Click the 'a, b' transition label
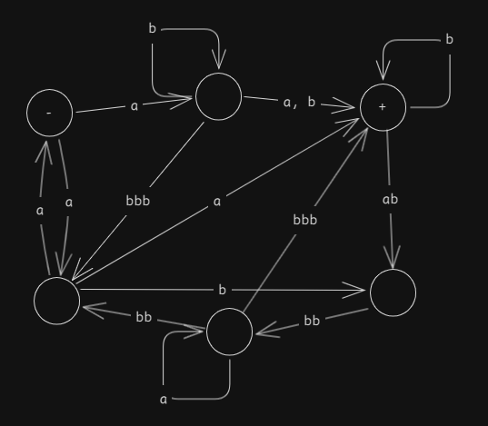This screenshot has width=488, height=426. click(299, 103)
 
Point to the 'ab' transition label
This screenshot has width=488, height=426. click(390, 199)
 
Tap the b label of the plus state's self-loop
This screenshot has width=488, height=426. click(449, 40)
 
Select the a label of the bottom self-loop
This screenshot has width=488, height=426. click(164, 400)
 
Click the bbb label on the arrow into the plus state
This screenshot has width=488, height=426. click(305, 220)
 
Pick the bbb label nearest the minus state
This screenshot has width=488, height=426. click(138, 201)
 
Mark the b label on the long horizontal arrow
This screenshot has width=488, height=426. click(222, 290)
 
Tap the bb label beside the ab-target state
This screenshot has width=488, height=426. click(312, 321)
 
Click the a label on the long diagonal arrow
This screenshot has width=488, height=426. click(217, 202)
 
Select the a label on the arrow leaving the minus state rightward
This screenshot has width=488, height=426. click(134, 106)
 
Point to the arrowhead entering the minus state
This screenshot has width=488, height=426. click(45, 152)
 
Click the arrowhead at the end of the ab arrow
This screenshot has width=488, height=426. click(393, 257)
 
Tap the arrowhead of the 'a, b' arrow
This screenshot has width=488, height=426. click(343, 105)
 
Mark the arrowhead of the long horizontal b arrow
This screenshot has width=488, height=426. click(354, 291)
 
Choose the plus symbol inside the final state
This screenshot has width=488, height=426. click(383, 107)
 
